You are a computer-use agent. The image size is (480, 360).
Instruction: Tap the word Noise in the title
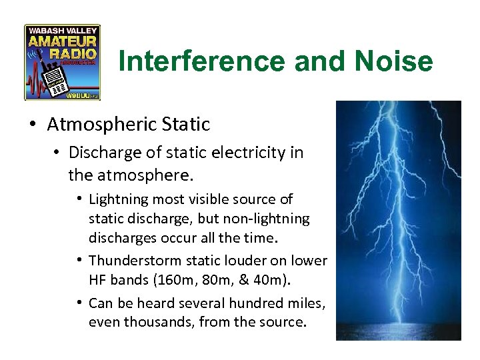pos(395,62)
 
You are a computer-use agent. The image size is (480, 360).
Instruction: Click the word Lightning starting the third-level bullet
pos(117,199)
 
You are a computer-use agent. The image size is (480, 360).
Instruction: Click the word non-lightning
pos(274,218)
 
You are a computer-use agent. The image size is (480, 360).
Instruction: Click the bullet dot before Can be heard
pos(79,303)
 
